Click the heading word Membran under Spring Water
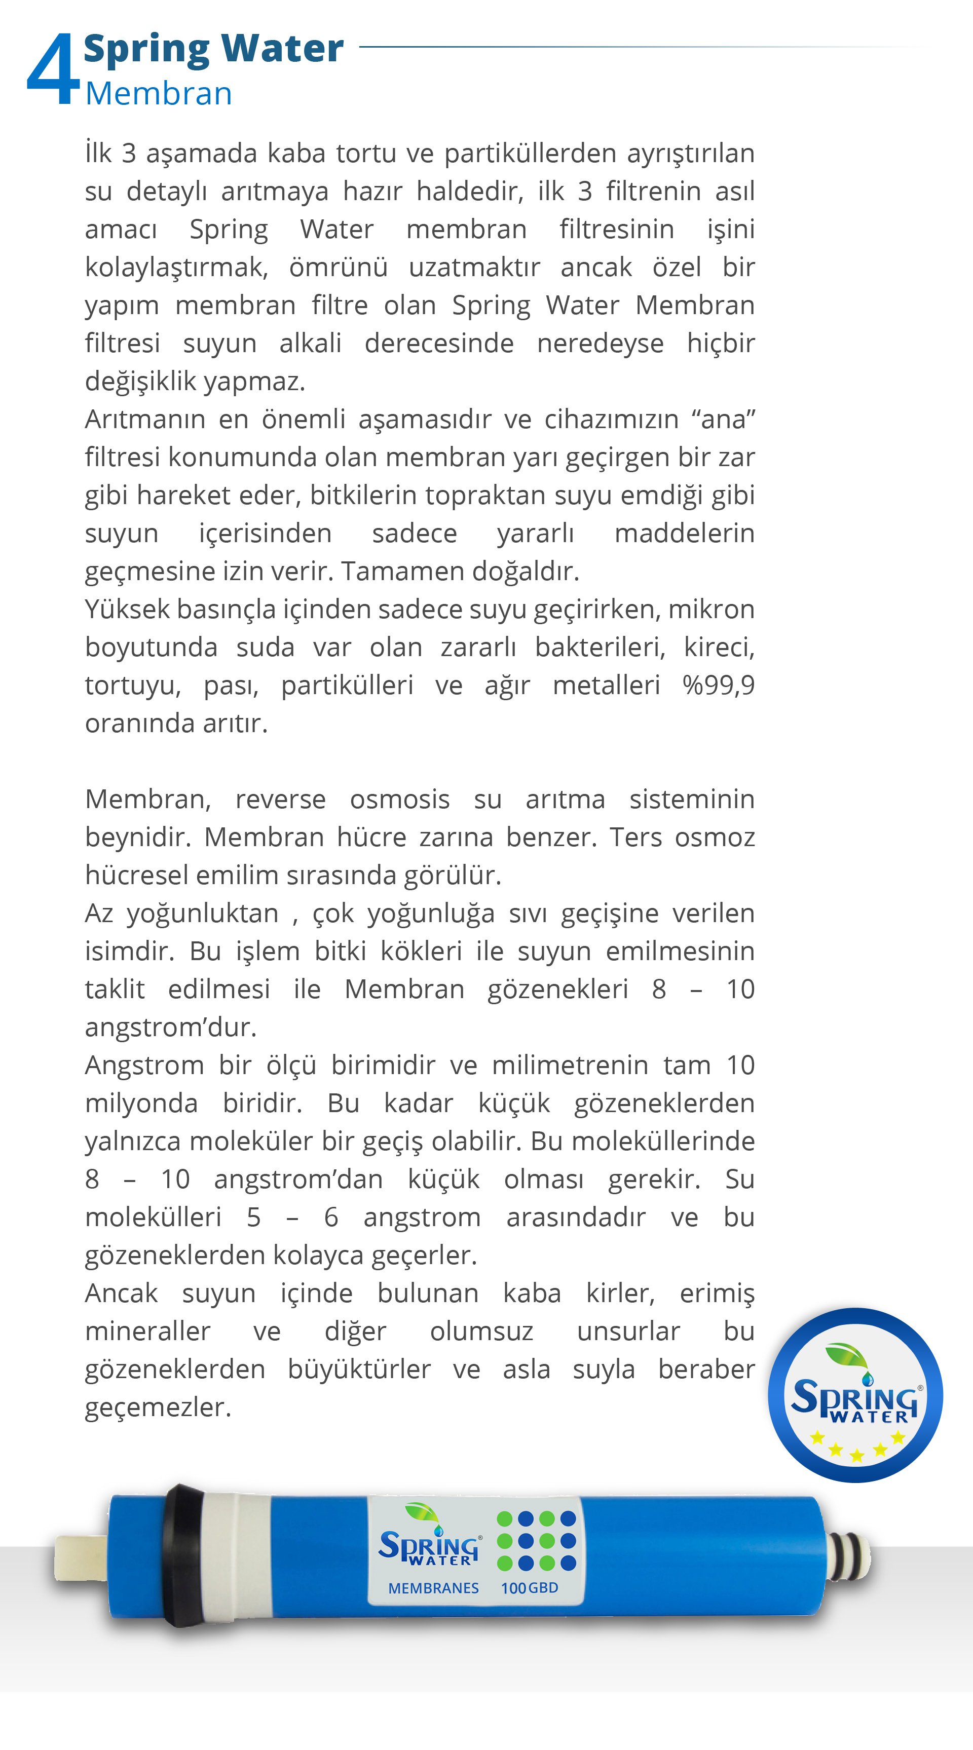pyautogui.click(x=158, y=94)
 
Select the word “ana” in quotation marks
pyautogui.click(x=723, y=419)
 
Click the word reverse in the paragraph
pyautogui.click(x=280, y=800)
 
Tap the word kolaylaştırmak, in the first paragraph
pyautogui.click(x=176, y=268)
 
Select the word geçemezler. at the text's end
pyautogui.click(x=158, y=1407)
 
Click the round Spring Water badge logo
pyautogui.click(x=855, y=1395)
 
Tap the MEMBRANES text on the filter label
pyautogui.click(x=433, y=1588)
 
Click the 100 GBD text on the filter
pyautogui.click(x=529, y=1588)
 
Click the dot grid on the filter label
pyautogui.click(x=536, y=1541)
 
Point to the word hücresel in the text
pyautogui.click(x=136, y=876)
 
